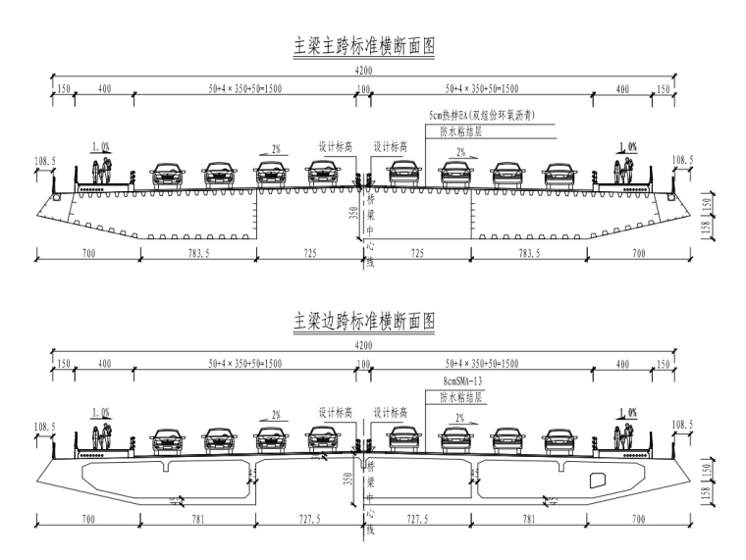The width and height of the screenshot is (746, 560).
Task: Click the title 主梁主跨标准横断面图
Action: (364, 45)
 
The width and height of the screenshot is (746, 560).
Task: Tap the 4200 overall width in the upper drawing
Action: (364, 70)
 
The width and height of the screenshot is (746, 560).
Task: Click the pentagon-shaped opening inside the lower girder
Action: (597, 481)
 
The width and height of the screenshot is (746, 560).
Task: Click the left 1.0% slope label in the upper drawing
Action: (101, 146)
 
